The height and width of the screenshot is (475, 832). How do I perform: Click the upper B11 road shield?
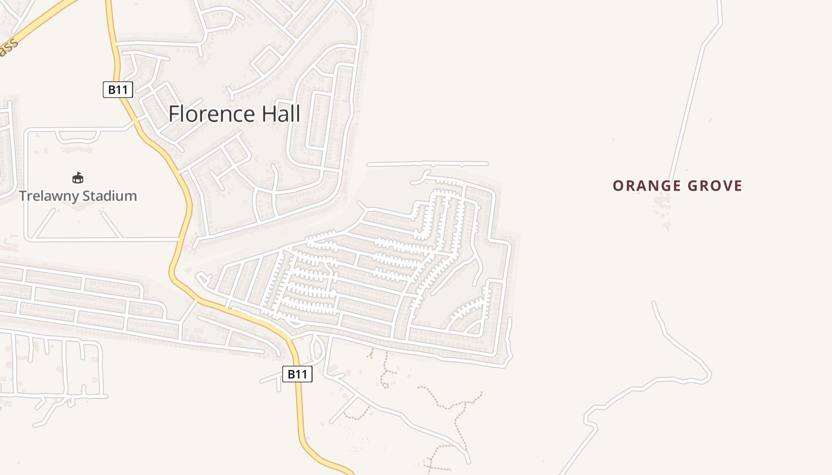point(118,90)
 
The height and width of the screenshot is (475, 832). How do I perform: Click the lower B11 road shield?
point(297,374)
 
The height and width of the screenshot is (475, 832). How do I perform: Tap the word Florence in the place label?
point(212,114)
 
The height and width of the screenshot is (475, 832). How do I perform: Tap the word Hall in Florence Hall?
point(279,114)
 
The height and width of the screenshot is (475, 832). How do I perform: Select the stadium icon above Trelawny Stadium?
point(78,178)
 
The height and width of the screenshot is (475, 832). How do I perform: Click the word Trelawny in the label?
point(49,196)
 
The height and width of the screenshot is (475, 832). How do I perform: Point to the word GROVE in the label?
point(715,186)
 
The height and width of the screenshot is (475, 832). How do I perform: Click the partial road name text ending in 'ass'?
point(7,48)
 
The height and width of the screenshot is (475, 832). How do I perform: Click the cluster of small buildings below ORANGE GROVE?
point(661,205)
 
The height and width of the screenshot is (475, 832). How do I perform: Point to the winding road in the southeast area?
point(683,344)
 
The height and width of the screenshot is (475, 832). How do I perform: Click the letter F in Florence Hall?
point(174,114)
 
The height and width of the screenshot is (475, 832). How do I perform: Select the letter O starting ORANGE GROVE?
point(618,186)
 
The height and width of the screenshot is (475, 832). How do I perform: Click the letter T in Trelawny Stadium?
point(23,196)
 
